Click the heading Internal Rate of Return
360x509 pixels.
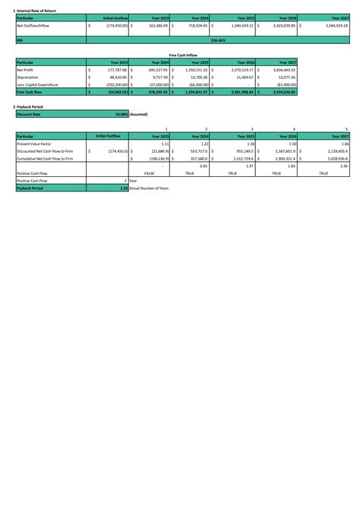[x=38, y=8]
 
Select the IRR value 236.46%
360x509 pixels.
[x=216, y=40]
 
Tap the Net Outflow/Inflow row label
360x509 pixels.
[x=35, y=25]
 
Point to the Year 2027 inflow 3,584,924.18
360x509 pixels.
[x=330, y=25]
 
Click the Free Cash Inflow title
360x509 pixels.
[x=182, y=55]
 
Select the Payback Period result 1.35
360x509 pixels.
[x=124, y=188]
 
